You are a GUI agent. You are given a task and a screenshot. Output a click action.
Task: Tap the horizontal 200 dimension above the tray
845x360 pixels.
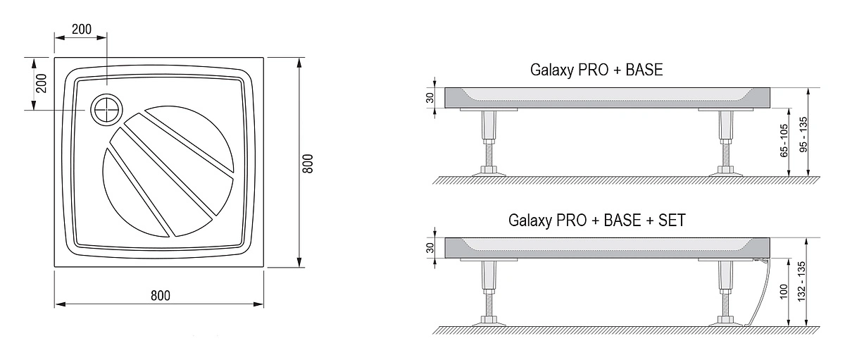(82, 29)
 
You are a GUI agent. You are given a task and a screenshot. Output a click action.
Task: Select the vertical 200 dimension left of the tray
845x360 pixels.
(41, 83)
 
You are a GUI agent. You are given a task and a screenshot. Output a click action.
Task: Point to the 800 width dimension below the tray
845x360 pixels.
(161, 295)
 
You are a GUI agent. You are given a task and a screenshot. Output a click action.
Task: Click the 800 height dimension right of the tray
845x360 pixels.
(308, 163)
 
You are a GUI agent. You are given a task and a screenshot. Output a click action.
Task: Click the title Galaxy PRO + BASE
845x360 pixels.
(596, 70)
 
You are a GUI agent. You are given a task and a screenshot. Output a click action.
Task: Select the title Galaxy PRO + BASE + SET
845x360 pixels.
(597, 221)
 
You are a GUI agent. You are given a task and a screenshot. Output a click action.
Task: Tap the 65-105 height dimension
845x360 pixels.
(784, 140)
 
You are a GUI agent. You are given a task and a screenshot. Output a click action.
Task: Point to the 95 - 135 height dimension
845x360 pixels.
(803, 135)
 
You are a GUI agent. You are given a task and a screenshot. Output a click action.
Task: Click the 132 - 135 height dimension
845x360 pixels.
(801, 282)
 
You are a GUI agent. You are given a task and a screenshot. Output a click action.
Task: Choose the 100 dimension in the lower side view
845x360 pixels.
(784, 292)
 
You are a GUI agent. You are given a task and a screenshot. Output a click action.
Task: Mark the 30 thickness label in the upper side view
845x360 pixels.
(430, 98)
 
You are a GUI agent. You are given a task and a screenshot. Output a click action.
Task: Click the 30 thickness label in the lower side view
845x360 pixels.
(430, 248)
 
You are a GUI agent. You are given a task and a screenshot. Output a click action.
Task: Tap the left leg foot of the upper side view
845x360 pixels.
(489, 172)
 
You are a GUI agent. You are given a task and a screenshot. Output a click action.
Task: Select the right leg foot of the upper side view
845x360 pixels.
(726, 172)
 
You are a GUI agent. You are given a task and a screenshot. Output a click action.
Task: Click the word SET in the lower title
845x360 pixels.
(672, 221)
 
